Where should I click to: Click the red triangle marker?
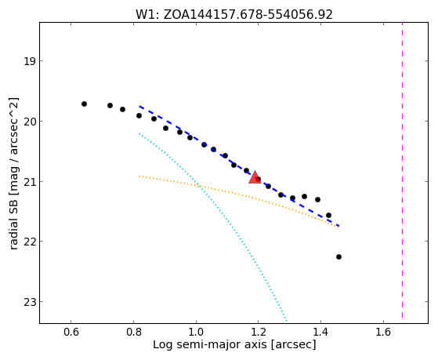255,177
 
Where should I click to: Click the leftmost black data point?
84,104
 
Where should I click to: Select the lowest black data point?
338,256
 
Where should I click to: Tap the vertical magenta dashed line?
402,170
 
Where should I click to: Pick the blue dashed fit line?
239,166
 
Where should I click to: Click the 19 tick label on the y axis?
30,61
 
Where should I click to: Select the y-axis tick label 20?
30,122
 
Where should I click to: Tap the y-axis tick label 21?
30,182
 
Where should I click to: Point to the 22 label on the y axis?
30,242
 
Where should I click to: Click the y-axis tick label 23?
30,302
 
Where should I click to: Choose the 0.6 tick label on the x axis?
71,332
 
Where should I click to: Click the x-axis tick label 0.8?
133,332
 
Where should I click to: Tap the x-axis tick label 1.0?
196,332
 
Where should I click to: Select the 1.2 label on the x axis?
258,332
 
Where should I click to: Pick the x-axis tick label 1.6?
383,332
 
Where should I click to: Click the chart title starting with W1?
234,15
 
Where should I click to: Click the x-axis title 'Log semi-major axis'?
209,345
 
